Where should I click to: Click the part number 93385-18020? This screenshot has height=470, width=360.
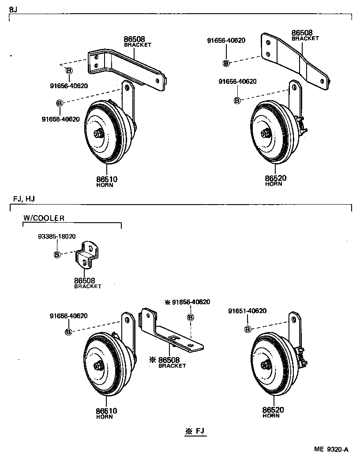point(56,237)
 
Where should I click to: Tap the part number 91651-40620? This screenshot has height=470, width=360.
point(247,311)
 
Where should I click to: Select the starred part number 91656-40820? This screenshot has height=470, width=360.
point(187,302)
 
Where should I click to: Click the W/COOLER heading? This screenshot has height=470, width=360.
point(44,218)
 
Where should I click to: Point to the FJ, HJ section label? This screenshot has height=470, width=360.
point(24,199)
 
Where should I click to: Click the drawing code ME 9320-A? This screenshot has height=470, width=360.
point(331,449)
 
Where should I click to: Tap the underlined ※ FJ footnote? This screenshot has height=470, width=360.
point(195,431)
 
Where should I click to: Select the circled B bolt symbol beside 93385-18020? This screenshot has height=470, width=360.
point(57,254)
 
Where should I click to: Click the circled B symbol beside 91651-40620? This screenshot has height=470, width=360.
point(247,329)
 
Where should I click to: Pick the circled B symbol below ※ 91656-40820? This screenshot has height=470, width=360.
point(191,317)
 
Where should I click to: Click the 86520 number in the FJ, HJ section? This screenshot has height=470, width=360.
point(274,410)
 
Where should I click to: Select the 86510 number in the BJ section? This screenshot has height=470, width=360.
point(107,179)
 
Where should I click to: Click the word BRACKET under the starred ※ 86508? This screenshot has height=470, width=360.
point(172,366)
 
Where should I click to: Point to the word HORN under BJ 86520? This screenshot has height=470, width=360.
point(274,184)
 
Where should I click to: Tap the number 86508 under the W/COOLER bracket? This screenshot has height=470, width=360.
point(85,280)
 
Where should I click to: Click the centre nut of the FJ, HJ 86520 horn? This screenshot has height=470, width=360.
point(266,364)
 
